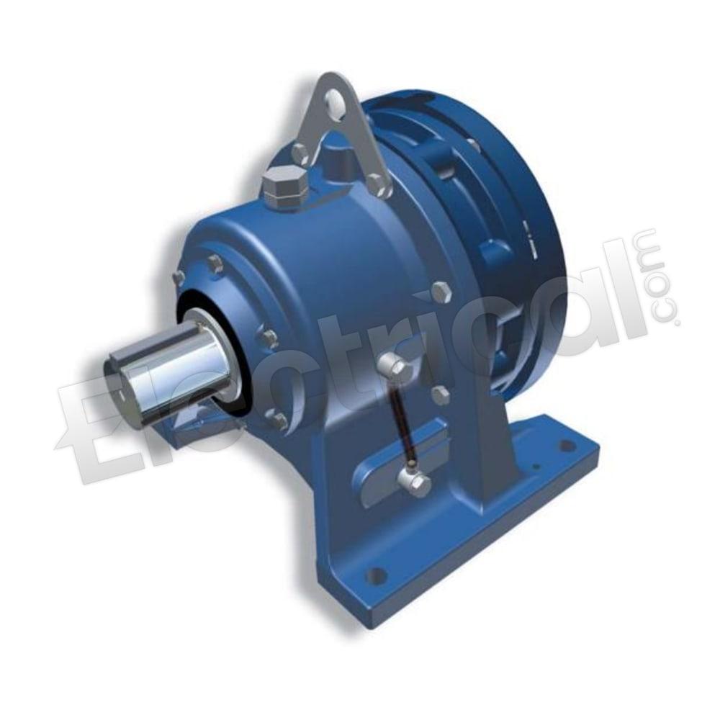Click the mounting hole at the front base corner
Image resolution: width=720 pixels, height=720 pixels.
(x=377, y=575)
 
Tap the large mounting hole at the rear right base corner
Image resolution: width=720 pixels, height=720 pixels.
(x=568, y=445)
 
